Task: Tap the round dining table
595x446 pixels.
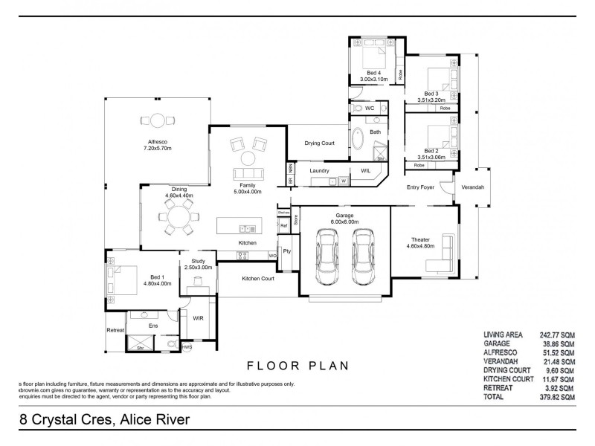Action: coord(178,218)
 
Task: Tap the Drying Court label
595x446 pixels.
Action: coord(320,143)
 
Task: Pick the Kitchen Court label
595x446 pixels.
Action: coord(258,279)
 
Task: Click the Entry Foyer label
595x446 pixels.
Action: coord(420,187)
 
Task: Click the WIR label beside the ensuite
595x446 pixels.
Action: coord(198,318)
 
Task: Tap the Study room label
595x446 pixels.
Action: coord(198,261)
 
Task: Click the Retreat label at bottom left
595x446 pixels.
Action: coord(115,330)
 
